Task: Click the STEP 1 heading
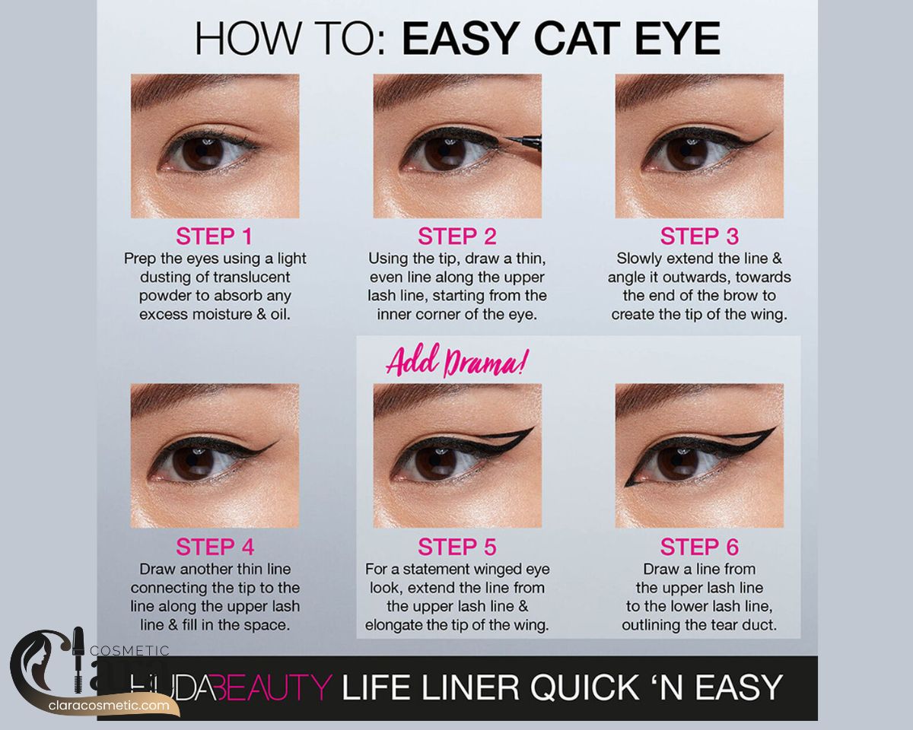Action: click(x=215, y=236)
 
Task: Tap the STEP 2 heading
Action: click(x=457, y=236)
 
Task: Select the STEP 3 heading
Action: click(x=699, y=236)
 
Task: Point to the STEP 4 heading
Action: click(x=215, y=547)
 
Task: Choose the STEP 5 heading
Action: click(x=457, y=547)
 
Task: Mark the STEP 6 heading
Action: click(x=699, y=547)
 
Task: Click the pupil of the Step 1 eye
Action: click(x=203, y=154)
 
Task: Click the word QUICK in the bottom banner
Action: click(x=584, y=687)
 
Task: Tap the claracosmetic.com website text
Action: click(x=109, y=706)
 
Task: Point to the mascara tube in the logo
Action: click(x=78, y=659)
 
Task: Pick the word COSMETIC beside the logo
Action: click(x=130, y=651)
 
